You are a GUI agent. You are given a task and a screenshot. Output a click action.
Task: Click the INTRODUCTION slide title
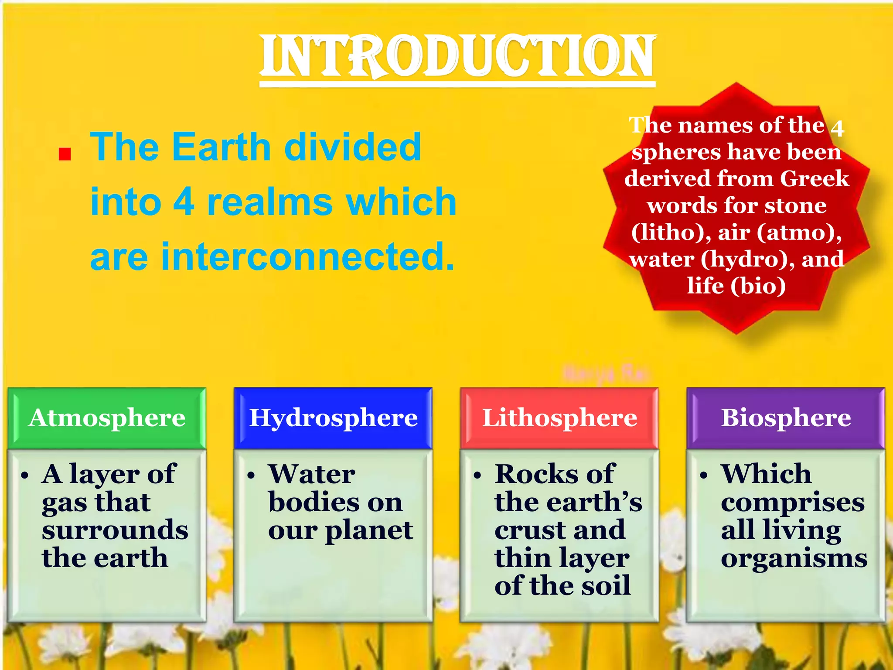457,57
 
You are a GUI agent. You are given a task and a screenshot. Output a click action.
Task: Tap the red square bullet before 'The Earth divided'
65,154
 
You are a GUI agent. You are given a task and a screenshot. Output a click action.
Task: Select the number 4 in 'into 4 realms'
184,202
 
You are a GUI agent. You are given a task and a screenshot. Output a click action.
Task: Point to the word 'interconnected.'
308,256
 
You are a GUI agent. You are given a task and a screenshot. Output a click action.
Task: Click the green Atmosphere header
107,418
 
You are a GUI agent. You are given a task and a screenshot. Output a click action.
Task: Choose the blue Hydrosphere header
333,418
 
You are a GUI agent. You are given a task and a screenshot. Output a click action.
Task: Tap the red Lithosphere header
559,418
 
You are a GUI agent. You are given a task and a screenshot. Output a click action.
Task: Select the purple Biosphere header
786,418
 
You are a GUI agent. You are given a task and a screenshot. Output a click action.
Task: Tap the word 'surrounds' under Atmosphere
115,530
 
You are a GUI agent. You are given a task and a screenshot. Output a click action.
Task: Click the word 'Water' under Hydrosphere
312,474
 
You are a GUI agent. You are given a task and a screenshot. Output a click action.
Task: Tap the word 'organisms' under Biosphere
794,558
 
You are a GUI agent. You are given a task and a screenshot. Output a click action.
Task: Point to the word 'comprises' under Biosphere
792,502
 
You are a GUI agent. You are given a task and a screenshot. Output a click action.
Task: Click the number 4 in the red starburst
837,128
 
